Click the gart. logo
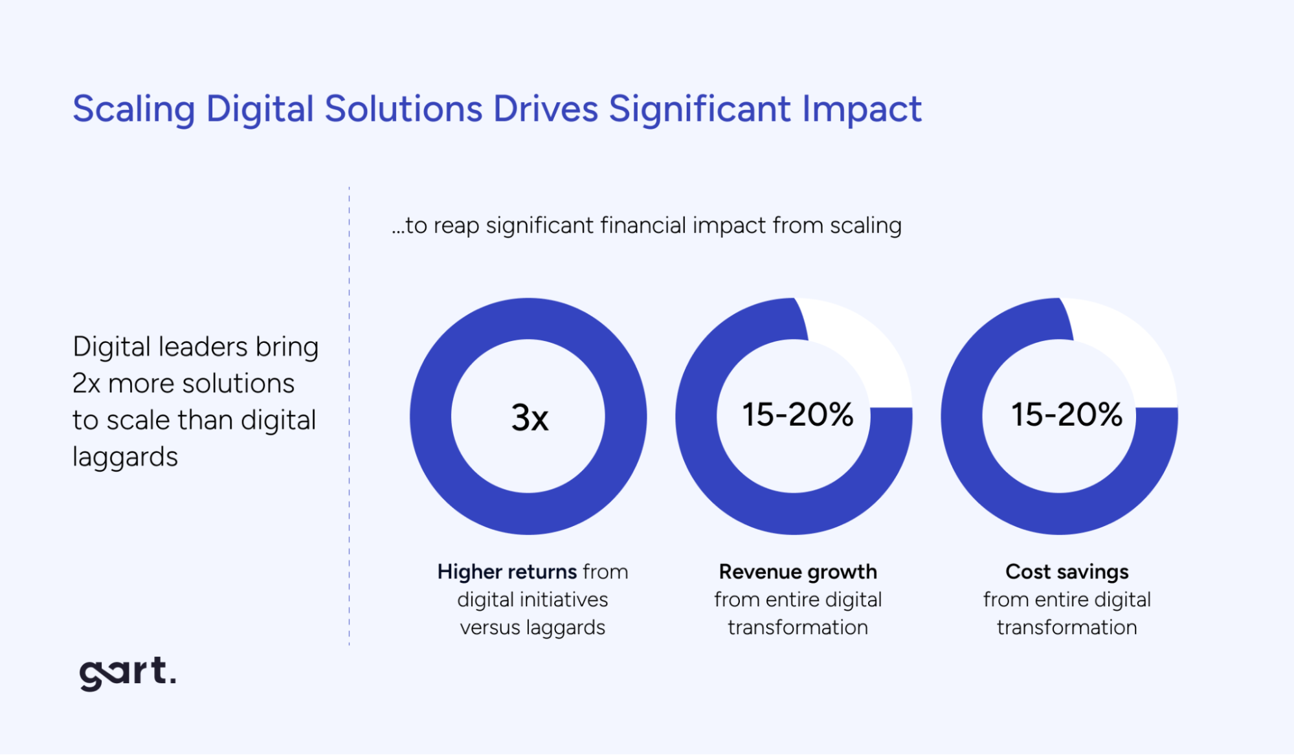(127, 673)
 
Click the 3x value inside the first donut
(530, 417)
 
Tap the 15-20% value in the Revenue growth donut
(798, 415)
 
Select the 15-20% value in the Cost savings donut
(1067, 415)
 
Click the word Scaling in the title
(133, 109)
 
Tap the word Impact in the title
(862, 109)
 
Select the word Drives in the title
(545, 109)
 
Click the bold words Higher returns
(507, 572)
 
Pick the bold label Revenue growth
(798, 572)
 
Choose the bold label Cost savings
(1067, 572)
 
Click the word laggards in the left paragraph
(125, 457)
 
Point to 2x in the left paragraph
(86, 384)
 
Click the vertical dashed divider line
(349, 414)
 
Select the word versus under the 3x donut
(489, 628)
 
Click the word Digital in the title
(260, 109)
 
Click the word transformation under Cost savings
(1067, 628)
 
